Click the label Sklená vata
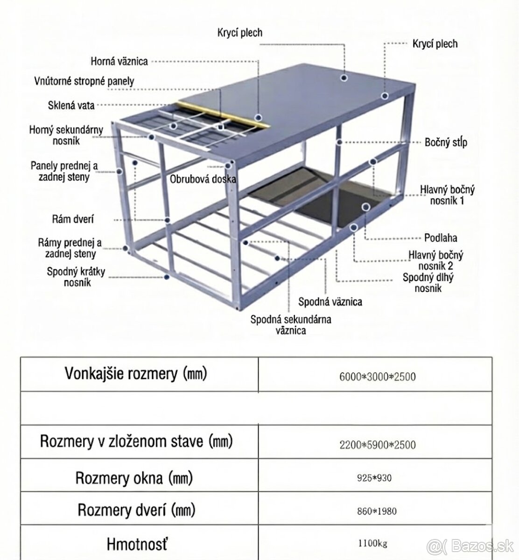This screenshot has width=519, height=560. point(71,105)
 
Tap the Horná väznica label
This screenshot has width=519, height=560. point(119,61)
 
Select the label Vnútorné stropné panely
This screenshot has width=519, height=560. point(84,81)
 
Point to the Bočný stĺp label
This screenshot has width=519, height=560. point(446,142)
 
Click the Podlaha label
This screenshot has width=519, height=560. point(441,238)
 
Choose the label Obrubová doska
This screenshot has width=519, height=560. point(203,179)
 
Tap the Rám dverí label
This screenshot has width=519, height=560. point(73,219)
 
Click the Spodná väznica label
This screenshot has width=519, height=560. point(330,302)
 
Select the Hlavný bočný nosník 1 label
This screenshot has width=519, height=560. point(447,195)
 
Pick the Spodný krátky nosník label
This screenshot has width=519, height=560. point(76,277)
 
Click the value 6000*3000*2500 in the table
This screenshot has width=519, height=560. point(377,376)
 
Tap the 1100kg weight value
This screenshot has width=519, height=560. point(372,543)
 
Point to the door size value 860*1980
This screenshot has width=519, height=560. point(376,511)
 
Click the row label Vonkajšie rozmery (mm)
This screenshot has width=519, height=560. point(135,373)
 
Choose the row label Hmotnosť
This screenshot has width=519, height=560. point(137,544)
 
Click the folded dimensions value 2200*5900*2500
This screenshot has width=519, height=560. point(377,444)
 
